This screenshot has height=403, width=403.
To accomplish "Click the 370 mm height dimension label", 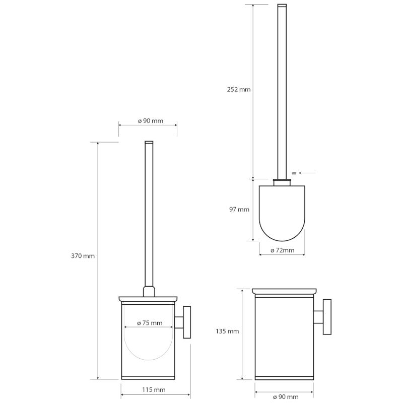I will click(x=83, y=256).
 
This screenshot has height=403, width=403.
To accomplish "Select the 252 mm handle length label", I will click(x=238, y=90).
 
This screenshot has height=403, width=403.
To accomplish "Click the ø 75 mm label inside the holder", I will click(x=150, y=323).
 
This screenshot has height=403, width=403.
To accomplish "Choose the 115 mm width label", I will click(x=155, y=390).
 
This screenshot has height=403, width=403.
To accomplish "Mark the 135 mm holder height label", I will click(x=227, y=331).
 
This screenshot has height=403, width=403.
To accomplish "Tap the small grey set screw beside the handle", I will click(x=294, y=173).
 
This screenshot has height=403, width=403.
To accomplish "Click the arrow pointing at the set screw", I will click(x=307, y=173).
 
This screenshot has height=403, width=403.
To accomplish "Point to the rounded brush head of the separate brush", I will click(x=282, y=212).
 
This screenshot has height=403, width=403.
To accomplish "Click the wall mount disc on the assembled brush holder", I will click(x=186, y=322).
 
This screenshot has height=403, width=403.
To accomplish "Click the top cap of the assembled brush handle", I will click(x=149, y=143).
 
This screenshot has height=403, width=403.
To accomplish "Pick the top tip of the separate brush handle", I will click(x=282, y=6).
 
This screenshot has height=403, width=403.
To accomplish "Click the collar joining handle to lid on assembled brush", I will click(x=149, y=292).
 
